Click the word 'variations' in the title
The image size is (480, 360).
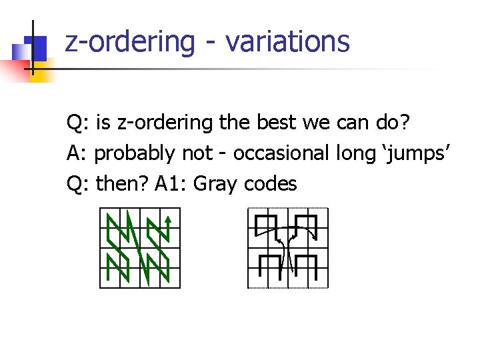tap(287, 41)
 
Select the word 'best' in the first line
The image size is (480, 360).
tap(273, 123)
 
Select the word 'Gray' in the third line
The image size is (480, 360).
tap(217, 184)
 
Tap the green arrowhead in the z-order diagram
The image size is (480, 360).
tap(169, 218)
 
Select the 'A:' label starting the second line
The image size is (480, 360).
tap(78, 153)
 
